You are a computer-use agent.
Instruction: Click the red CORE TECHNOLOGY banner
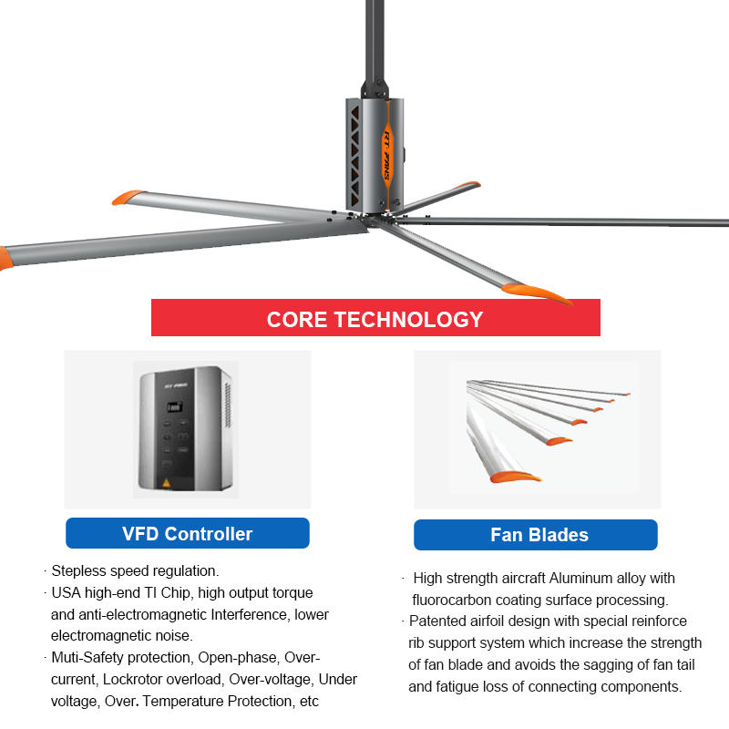point(375,317)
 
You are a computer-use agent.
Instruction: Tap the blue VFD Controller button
point(188,533)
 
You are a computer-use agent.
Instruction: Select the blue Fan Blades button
point(536,535)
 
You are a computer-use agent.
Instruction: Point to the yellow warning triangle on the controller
point(166,483)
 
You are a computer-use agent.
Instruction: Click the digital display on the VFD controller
point(175,407)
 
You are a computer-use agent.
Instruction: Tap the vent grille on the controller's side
point(228,405)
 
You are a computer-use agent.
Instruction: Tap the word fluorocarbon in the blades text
point(451,600)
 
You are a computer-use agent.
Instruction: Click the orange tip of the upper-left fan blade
point(128,197)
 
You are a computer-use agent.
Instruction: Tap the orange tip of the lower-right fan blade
point(537,293)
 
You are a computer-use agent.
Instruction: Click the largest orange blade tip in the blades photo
point(515,477)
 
